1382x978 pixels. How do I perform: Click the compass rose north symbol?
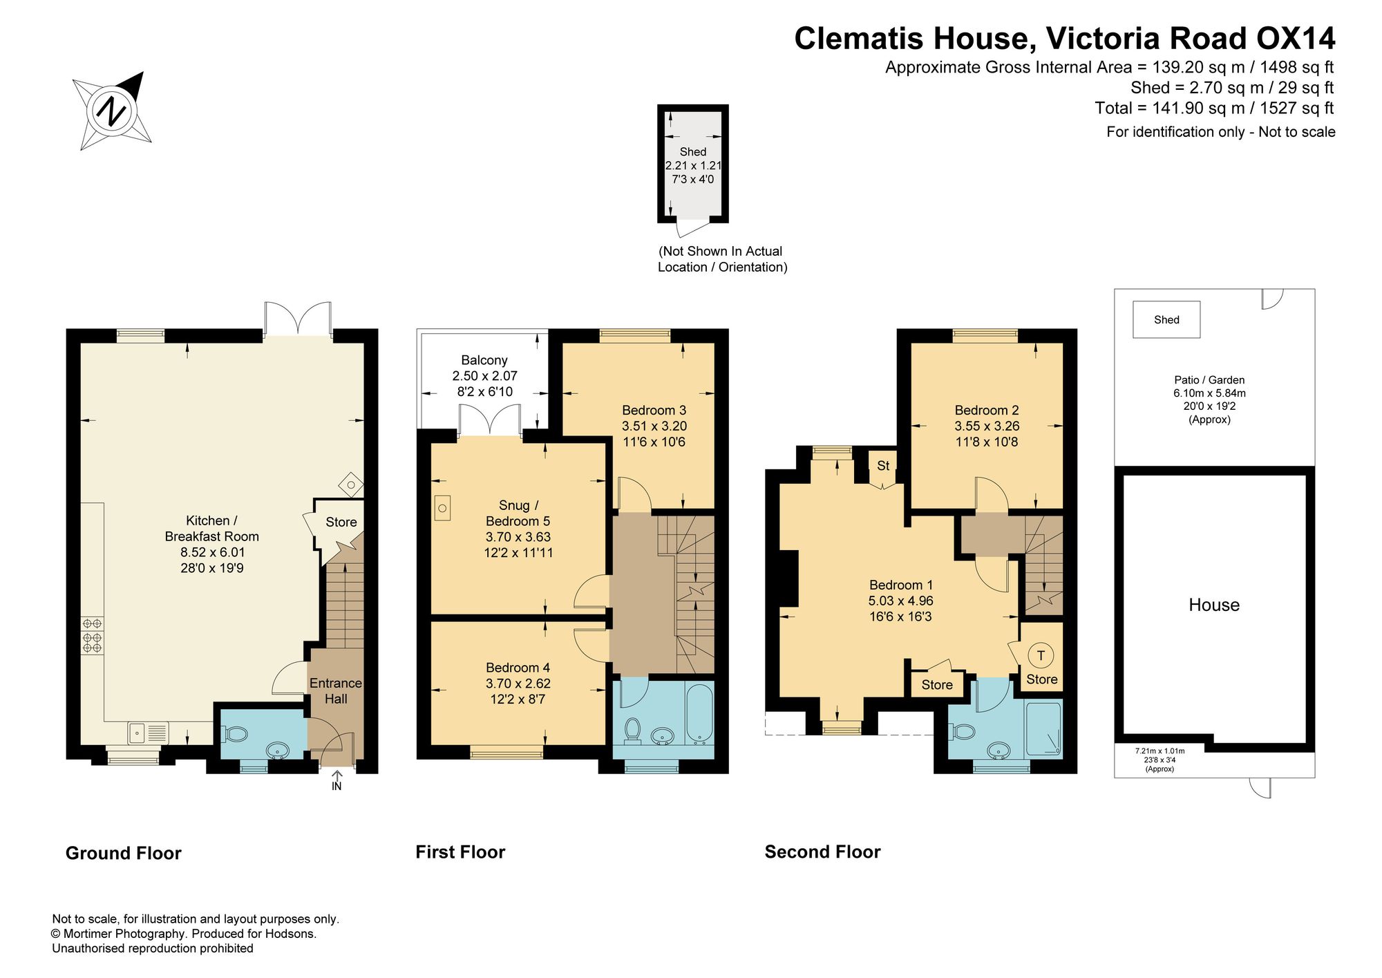click(112, 111)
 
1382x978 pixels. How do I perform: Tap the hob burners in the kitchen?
click(92, 635)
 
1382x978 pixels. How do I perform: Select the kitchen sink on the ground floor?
click(148, 732)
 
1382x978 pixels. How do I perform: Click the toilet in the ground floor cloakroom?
click(235, 733)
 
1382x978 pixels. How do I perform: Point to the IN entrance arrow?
click(337, 781)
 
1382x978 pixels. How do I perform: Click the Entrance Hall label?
click(336, 690)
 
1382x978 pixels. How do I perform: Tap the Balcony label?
click(484, 360)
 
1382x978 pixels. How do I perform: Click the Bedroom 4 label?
click(518, 667)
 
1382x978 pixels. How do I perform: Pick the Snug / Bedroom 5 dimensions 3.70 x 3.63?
click(518, 536)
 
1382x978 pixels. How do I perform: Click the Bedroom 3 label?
click(654, 410)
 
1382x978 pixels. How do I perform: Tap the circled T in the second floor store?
click(1041, 655)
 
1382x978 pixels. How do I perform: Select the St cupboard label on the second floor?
click(883, 466)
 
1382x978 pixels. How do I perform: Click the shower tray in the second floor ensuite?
click(1043, 729)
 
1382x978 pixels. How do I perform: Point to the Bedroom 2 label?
click(987, 410)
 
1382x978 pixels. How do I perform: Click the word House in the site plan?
click(1214, 605)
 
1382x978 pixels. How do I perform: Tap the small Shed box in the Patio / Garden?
click(1166, 319)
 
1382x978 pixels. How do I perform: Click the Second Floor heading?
click(822, 852)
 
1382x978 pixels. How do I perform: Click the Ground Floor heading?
click(123, 853)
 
